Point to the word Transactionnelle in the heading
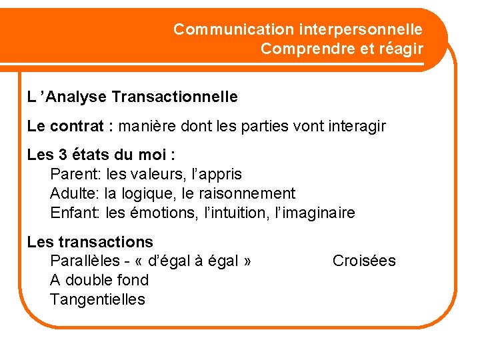[x=175, y=97]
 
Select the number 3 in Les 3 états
[x=63, y=155]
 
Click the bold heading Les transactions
[x=90, y=242]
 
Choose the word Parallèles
[x=83, y=261]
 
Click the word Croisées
[x=363, y=261]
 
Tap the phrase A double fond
[x=99, y=280]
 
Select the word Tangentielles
[x=97, y=299]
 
